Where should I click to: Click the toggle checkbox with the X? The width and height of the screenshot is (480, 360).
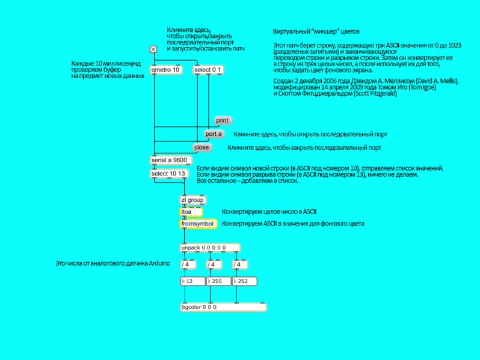153,49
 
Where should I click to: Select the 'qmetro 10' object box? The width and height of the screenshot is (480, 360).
166,70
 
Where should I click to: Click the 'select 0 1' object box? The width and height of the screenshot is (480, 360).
208,70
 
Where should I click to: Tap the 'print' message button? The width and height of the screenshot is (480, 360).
223,121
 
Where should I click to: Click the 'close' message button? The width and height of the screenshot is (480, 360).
202,147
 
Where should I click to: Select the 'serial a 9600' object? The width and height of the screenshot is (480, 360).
171,160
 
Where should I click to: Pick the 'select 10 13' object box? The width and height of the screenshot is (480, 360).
169,174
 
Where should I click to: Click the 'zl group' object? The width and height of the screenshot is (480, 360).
193,200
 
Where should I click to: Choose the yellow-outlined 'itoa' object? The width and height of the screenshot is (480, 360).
191,212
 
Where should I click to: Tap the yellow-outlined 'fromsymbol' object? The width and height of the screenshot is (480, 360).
198,224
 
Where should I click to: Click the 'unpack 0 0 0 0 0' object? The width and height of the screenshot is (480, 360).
210,248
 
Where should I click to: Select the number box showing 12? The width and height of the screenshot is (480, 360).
193,281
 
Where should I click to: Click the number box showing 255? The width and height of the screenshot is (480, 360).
219,281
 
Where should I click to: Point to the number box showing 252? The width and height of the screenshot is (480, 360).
245,281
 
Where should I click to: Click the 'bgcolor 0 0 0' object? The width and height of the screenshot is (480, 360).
224,307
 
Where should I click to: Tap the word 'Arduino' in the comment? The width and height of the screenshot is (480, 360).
159,263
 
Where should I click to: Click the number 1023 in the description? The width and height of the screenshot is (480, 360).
454,45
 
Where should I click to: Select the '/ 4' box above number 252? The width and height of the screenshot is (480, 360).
239,264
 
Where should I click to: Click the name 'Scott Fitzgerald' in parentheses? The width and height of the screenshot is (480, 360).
375,94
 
